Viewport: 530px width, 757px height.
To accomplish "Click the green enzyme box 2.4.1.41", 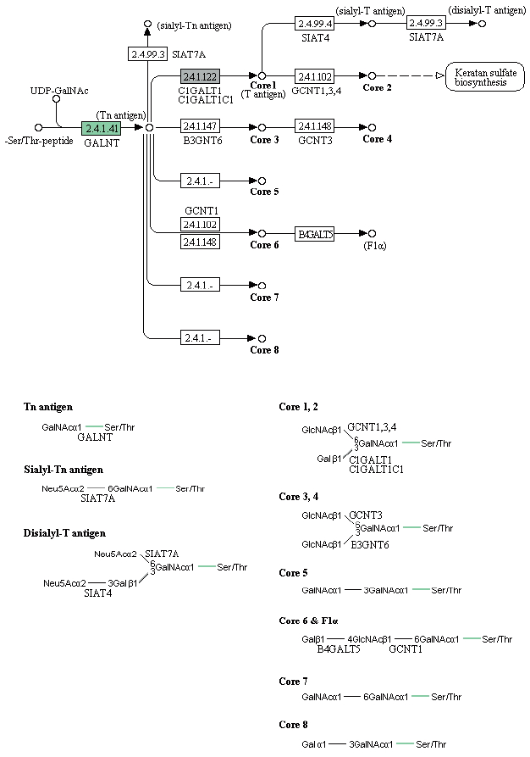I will coord(102,128).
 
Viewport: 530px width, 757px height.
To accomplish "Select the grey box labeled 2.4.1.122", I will coord(200,76).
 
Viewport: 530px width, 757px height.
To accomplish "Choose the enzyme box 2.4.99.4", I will coord(315,24).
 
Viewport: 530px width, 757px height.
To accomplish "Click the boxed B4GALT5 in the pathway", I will coord(314,233).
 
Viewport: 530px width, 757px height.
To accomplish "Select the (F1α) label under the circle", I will coord(374,246).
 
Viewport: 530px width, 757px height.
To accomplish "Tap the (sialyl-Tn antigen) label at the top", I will coord(194,25).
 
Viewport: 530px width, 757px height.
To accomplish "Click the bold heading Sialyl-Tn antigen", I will coord(63,470).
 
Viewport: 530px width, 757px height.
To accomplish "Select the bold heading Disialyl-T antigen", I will coord(64,533).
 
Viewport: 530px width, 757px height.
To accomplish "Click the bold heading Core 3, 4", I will coord(301,496).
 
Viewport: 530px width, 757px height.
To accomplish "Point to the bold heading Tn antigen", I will coord(48,407).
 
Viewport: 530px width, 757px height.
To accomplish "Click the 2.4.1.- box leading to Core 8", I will coord(200,338).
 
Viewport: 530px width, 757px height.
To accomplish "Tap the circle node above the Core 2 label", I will coord(372,76).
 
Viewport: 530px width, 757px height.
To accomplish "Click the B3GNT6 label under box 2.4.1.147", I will coord(201,140).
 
